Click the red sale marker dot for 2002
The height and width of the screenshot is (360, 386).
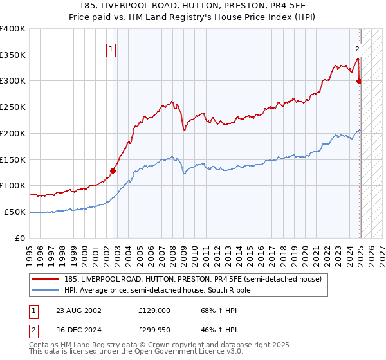(x=113, y=170)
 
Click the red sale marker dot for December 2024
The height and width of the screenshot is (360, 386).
(x=360, y=81)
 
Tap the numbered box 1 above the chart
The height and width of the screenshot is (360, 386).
(x=111, y=48)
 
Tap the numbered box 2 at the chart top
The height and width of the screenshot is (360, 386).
(x=357, y=48)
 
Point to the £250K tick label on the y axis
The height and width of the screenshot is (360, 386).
(x=14, y=107)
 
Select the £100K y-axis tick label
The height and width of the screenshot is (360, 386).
(x=14, y=185)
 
